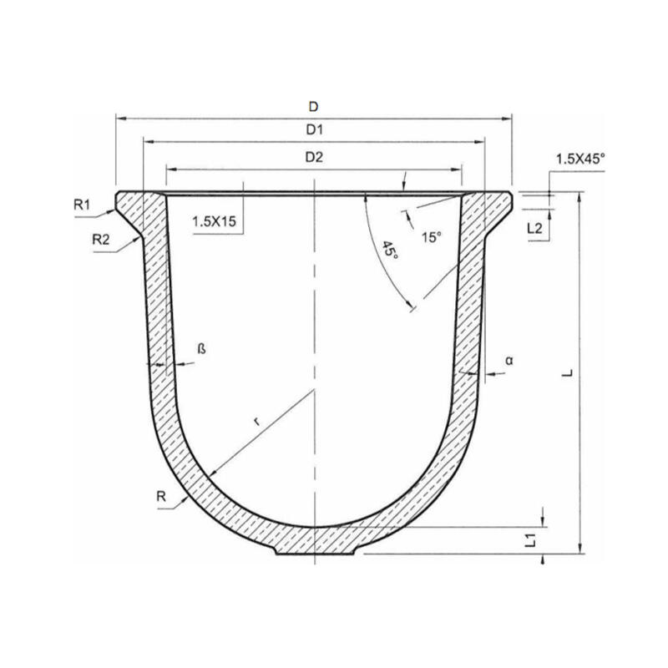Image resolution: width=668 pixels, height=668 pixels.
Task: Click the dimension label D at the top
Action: click(313, 106)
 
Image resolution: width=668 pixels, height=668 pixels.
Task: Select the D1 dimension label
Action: click(314, 130)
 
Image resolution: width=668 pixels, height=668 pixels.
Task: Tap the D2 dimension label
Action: click(314, 156)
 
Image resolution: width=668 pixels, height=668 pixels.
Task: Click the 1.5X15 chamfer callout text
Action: click(214, 222)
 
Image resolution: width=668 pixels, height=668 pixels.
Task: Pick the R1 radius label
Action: click(81, 204)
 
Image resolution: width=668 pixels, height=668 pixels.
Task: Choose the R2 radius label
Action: click(101, 239)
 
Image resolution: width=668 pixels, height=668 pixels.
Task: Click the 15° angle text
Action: click(430, 238)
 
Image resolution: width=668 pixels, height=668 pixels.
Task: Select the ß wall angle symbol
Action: click(201, 349)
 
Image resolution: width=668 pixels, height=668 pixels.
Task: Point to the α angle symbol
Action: click(509, 360)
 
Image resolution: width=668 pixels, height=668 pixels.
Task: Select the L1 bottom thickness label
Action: click(530, 541)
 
